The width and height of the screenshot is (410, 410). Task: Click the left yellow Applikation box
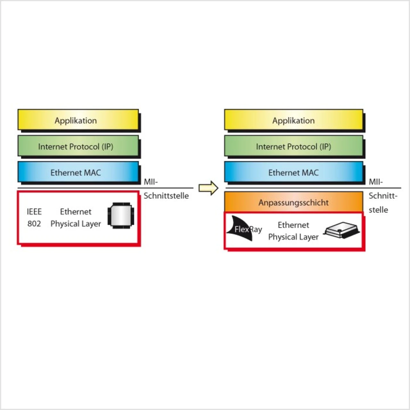[78, 120]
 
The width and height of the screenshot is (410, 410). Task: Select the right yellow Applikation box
[293, 120]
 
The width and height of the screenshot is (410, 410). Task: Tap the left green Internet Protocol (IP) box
[78, 146]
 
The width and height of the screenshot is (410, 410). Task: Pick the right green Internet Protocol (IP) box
[293, 146]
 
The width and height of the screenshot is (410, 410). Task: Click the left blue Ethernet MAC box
[78, 172]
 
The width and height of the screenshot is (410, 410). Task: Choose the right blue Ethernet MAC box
[293, 172]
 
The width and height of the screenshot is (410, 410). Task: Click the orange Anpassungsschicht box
[293, 202]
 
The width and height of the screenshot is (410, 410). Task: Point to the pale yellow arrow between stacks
[208, 188]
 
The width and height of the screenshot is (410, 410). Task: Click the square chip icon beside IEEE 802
[121, 215]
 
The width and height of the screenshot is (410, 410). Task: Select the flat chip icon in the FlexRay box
[341, 230]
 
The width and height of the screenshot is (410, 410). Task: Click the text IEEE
[34, 212]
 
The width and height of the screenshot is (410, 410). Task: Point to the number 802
[34, 224]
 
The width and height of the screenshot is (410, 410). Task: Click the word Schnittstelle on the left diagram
[166, 196]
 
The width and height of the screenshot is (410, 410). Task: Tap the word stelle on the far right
[378, 210]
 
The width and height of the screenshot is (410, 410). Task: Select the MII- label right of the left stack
[151, 182]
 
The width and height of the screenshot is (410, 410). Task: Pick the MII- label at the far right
[376, 182]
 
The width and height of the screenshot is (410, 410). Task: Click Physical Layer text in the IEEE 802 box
[76, 224]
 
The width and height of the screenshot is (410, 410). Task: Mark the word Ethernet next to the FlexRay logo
[293, 225]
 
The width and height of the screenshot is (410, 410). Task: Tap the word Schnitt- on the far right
[383, 196]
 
